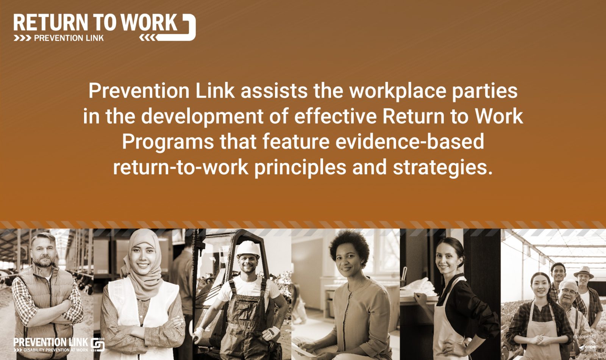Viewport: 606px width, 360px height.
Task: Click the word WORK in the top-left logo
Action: point(149,22)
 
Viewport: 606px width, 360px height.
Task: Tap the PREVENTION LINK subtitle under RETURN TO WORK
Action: point(69,38)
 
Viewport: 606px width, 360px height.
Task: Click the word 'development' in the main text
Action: point(202,116)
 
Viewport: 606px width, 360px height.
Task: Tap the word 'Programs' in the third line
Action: point(168,142)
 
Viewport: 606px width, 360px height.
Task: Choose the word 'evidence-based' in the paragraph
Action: point(410,141)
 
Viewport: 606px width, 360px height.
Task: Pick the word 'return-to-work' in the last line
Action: point(181,167)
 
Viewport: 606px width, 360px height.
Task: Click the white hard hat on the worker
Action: point(248,249)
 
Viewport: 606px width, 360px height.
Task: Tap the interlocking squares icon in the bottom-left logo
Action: point(98,344)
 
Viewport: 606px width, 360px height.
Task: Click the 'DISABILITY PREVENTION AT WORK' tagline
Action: point(56,350)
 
